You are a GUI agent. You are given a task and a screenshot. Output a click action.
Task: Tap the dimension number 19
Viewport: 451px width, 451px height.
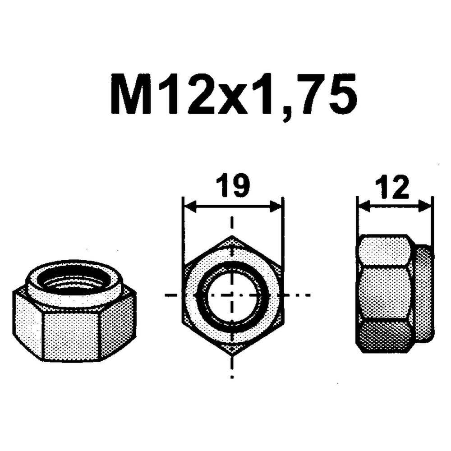[233, 186]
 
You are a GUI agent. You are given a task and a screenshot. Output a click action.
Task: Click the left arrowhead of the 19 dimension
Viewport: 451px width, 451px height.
[190, 207]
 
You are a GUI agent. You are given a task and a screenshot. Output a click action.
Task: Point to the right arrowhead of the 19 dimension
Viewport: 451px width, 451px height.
[275, 207]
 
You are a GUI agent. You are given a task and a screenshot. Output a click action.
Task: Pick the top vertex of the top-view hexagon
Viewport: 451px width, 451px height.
[232, 236]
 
